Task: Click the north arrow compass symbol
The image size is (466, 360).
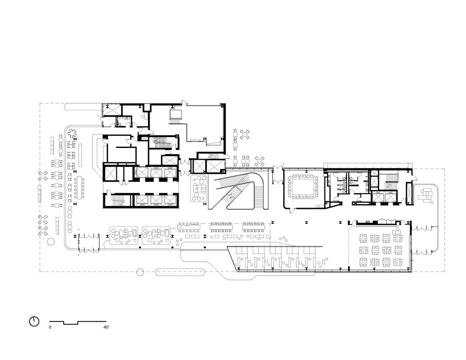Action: (x=34, y=321)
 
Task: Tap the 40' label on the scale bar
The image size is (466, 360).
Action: (x=106, y=328)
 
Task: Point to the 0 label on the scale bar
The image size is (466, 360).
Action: (x=50, y=328)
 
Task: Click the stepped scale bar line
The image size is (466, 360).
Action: (x=78, y=322)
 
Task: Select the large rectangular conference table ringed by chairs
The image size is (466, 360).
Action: (x=303, y=187)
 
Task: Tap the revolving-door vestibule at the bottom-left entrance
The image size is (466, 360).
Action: (x=88, y=242)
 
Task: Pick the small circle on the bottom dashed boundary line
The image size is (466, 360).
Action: (x=140, y=272)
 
